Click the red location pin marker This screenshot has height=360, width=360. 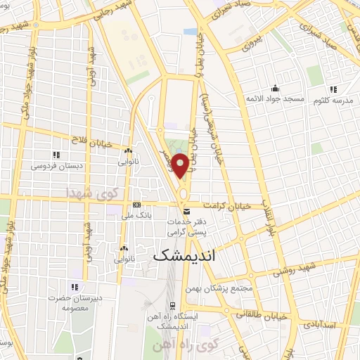(x=181, y=166)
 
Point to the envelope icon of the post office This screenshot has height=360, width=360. (x=186, y=211)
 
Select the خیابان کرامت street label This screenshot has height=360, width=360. (x=227, y=205)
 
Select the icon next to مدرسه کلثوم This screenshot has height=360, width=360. (x=332, y=89)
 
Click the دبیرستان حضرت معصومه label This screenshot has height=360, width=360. (x=75, y=303)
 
